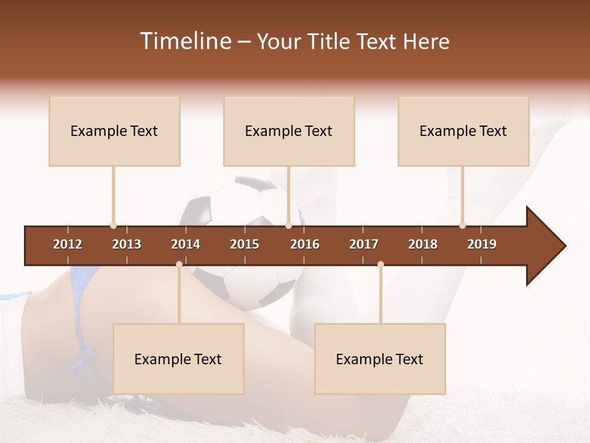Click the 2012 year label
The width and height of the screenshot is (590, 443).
68,244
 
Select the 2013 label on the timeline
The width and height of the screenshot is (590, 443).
127,244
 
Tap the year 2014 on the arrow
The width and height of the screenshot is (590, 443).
186,244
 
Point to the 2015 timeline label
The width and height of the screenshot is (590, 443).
245,244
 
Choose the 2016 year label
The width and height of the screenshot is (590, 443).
305,244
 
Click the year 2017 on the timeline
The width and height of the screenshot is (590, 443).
364,244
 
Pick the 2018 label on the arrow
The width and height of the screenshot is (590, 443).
423,244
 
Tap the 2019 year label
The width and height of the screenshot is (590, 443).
482,244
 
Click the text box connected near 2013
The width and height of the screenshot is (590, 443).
114,130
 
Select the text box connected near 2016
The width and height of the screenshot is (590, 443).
289,130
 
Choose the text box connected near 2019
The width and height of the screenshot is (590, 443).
463,130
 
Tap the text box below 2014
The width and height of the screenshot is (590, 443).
178,359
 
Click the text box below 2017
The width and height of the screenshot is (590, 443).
380,359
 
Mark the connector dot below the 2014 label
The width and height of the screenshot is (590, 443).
179,265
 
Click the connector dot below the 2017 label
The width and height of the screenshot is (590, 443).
380,265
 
